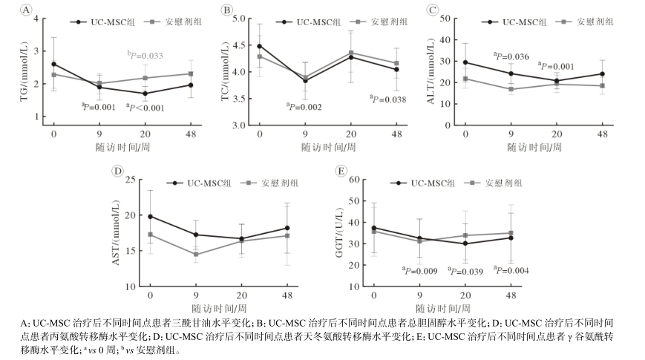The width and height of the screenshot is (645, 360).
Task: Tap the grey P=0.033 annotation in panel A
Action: click(145, 55)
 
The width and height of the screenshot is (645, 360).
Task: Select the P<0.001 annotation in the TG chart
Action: click(145, 108)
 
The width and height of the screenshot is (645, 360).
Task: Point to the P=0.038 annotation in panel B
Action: click(388, 99)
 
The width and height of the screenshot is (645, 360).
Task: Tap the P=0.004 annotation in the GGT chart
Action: click(511, 270)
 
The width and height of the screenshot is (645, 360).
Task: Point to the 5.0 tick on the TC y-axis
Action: click(240, 18)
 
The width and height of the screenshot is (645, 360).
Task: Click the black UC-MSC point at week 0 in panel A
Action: click(53, 65)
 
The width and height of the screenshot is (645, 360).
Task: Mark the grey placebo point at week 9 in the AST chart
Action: click(196, 255)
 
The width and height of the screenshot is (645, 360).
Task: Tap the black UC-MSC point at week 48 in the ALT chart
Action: click(602, 73)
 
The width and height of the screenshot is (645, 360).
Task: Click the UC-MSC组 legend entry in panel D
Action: click(200, 183)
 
